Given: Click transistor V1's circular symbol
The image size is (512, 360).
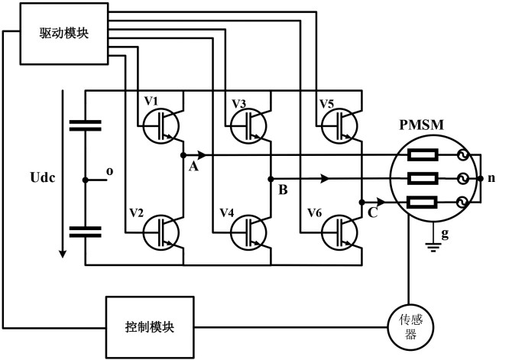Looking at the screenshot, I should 161,122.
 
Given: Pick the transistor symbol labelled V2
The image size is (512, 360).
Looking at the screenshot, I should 161,229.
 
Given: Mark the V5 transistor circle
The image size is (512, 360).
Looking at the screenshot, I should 339,122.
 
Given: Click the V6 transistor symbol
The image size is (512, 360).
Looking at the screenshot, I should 339,229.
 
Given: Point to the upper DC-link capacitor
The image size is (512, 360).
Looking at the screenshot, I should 84,126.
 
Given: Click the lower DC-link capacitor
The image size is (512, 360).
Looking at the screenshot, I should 84,232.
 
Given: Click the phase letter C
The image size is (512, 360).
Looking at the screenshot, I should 372,213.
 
